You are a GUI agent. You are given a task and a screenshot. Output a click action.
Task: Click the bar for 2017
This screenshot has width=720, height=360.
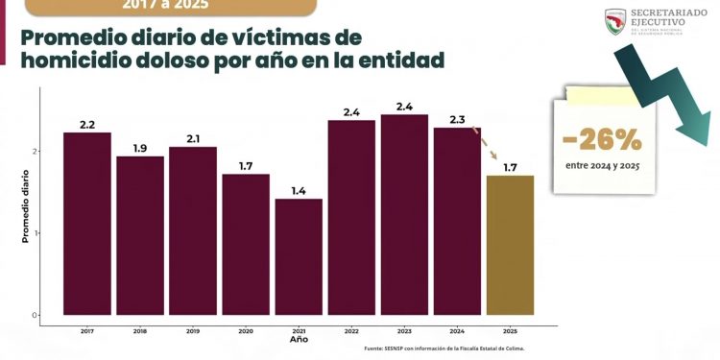87,224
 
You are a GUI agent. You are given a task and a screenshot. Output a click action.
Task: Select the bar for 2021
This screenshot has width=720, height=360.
299,256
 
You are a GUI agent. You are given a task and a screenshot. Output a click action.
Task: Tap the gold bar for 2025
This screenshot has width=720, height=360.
510,245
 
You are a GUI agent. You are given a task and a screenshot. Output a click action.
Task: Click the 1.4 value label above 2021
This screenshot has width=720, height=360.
299,191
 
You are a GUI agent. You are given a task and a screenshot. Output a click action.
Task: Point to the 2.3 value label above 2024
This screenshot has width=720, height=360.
457,120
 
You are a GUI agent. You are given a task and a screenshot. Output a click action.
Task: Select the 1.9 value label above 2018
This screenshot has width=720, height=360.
140,149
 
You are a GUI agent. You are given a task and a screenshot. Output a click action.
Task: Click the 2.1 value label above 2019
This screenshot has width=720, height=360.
193,139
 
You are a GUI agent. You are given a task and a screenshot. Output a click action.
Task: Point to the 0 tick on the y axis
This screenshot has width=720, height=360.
35,315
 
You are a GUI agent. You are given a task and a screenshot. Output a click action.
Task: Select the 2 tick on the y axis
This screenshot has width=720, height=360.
35,151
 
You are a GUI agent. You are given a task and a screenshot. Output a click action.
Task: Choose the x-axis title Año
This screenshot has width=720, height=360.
299,340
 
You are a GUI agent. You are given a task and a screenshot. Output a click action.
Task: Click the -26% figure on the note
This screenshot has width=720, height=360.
602,141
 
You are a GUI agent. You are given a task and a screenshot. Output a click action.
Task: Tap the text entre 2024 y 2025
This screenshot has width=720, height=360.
602,166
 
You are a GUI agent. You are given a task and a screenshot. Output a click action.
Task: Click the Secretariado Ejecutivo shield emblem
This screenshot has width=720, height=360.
615,22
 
